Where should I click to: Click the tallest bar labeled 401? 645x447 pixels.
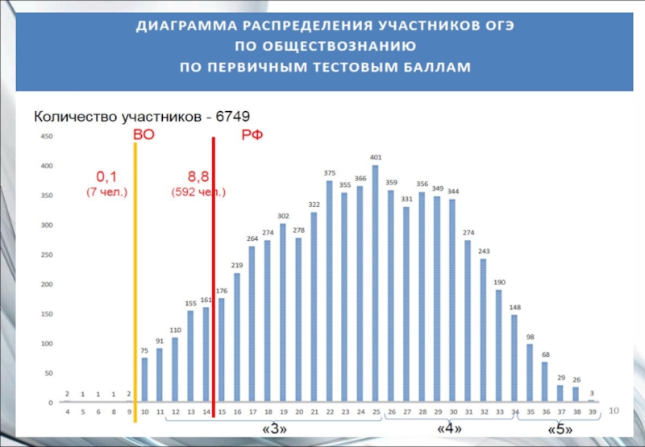coord(376,282)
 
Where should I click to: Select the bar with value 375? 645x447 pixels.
coord(329,290)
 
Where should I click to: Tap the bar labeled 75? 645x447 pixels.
coord(144,379)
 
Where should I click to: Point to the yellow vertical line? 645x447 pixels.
coord(135,274)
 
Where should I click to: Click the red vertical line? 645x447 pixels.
coord(214,274)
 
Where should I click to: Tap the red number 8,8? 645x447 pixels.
coord(198,176)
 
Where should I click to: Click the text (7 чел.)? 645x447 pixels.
coord(106,192)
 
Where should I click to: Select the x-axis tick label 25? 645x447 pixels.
coord(376,412)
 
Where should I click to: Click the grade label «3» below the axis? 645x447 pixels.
coord(275,430)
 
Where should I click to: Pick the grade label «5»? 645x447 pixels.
coord(560,430)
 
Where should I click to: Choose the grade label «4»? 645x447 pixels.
coord(448,430)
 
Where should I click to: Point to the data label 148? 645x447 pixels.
coord(514,307)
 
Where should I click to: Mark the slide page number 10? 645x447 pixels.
coord(614,412)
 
